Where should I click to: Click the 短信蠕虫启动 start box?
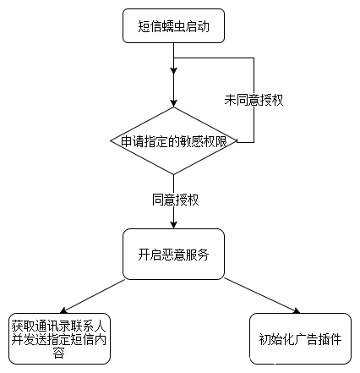173,26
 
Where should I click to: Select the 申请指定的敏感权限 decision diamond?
173,141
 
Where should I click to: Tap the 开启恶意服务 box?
173,255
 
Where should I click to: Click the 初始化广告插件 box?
301,338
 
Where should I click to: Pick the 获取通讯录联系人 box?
59,338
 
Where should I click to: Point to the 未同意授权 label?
254,100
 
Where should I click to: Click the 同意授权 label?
176,200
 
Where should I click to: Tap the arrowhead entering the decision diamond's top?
173,103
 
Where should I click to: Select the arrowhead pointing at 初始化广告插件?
297,310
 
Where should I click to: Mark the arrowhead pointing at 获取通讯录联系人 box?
63,310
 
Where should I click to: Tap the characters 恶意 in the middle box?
173,255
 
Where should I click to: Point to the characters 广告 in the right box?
306,339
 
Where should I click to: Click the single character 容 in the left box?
59,353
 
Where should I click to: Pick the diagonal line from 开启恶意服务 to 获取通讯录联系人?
94,295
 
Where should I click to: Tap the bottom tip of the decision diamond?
173,175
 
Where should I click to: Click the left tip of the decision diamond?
110,141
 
